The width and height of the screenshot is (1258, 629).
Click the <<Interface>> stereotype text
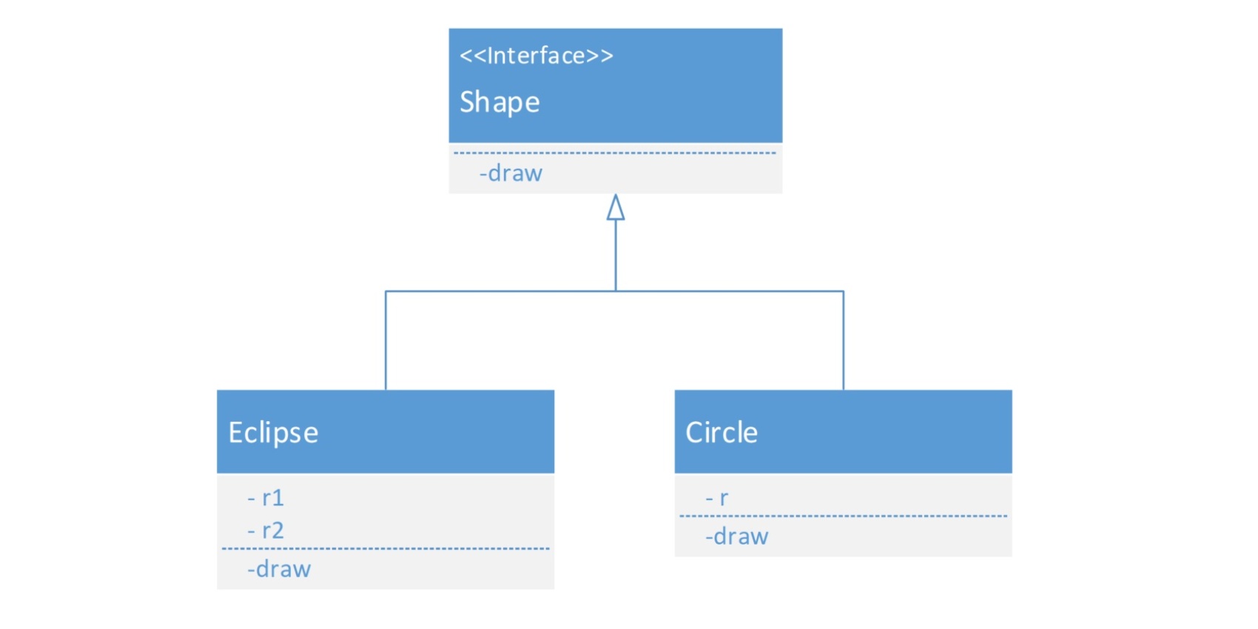(x=536, y=55)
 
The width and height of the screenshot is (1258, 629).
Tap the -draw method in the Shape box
(x=511, y=173)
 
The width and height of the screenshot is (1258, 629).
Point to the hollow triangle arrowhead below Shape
(x=616, y=206)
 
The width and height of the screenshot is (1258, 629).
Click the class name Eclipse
(x=273, y=433)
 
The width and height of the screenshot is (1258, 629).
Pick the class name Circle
(x=721, y=432)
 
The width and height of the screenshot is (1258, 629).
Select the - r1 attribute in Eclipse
(x=266, y=497)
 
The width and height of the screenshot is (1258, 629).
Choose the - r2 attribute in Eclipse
(x=266, y=530)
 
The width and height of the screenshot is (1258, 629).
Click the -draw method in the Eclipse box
(x=279, y=569)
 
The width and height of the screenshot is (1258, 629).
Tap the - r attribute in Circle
(x=716, y=497)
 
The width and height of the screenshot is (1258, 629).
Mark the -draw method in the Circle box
(x=737, y=536)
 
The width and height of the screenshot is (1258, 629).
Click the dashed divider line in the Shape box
(x=615, y=152)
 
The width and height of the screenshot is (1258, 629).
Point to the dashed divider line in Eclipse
(x=386, y=548)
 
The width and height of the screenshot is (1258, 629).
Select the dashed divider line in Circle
(x=843, y=516)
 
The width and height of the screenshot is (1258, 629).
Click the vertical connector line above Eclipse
(x=386, y=340)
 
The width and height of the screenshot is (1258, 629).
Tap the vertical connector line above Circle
(x=844, y=340)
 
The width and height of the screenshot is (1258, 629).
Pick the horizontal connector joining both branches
(x=614, y=291)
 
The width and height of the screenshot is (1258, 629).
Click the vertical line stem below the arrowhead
(x=616, y=255)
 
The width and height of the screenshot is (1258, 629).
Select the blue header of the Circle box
(x=843, y=431)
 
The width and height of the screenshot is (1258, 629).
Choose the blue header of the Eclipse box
(x=386, y=431)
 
